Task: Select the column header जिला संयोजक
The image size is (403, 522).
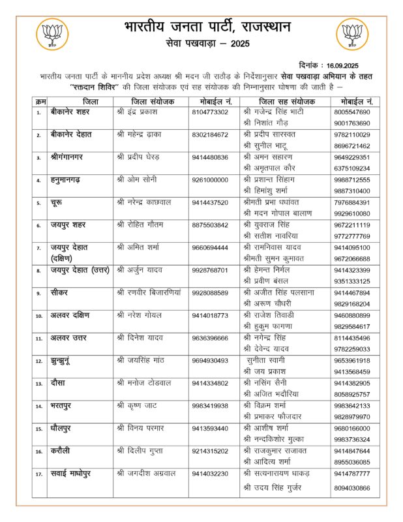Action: (153, 102)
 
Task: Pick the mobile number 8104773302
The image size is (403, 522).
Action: (210, 112)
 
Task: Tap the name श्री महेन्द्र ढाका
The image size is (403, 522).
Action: (140, 135)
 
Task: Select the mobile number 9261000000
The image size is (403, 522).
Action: (210, 179)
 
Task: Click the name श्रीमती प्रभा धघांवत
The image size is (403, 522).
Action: (275, 202)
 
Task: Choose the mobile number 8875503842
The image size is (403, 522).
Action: (210, 224)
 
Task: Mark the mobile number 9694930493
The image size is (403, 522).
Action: (210, 360)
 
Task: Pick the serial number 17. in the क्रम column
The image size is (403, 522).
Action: (38, 474)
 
